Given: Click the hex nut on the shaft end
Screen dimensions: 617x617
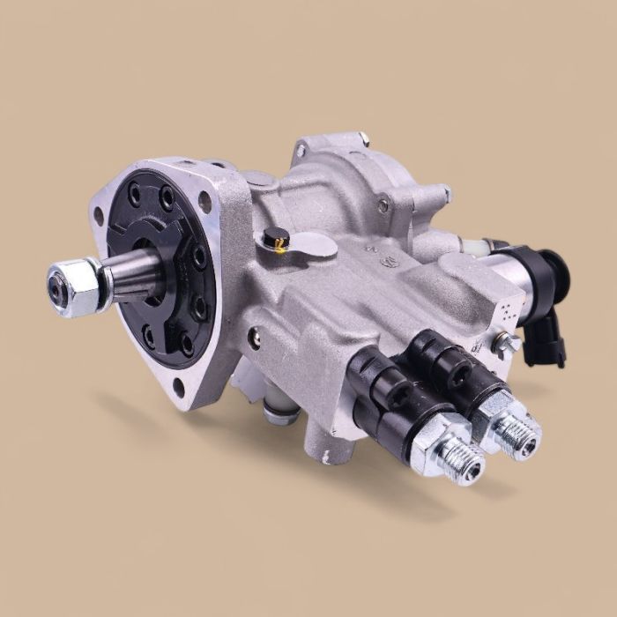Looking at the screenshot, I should click(76, 286).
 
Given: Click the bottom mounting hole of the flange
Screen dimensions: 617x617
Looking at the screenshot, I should click(179, 384).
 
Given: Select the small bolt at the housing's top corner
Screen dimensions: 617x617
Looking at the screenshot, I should click(363, 138).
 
